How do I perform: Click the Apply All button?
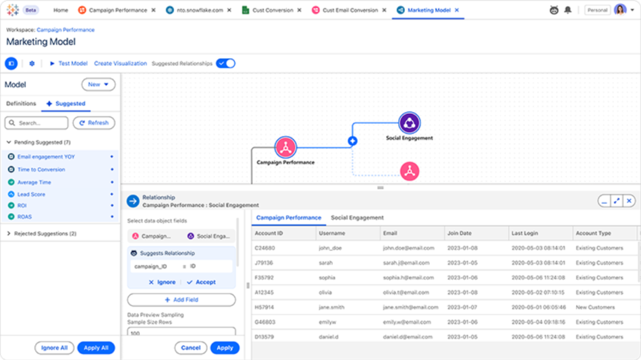[x=96, y=347]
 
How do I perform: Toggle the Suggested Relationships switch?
[x=225, y=63]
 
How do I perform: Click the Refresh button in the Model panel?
[x=94, y=123]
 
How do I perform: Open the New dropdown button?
[x=98, y=85]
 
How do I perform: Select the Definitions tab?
[x=21, y=103]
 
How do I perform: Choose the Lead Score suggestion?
[x=31, y=194]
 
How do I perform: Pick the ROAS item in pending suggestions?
[x=24, y=217]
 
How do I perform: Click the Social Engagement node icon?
[x=409, y=123]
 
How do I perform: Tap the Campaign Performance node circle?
[x=285, y=147]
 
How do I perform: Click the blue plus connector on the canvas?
[x=352, y=141]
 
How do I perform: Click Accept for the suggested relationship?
[x=201, y=282]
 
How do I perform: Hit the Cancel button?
[x=190, y=347]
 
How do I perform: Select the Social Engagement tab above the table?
[x=357, y=218]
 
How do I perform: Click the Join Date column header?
[x=459, y=233]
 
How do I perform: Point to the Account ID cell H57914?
[x=264, y=307]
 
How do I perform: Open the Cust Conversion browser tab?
[x=272, y=10]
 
